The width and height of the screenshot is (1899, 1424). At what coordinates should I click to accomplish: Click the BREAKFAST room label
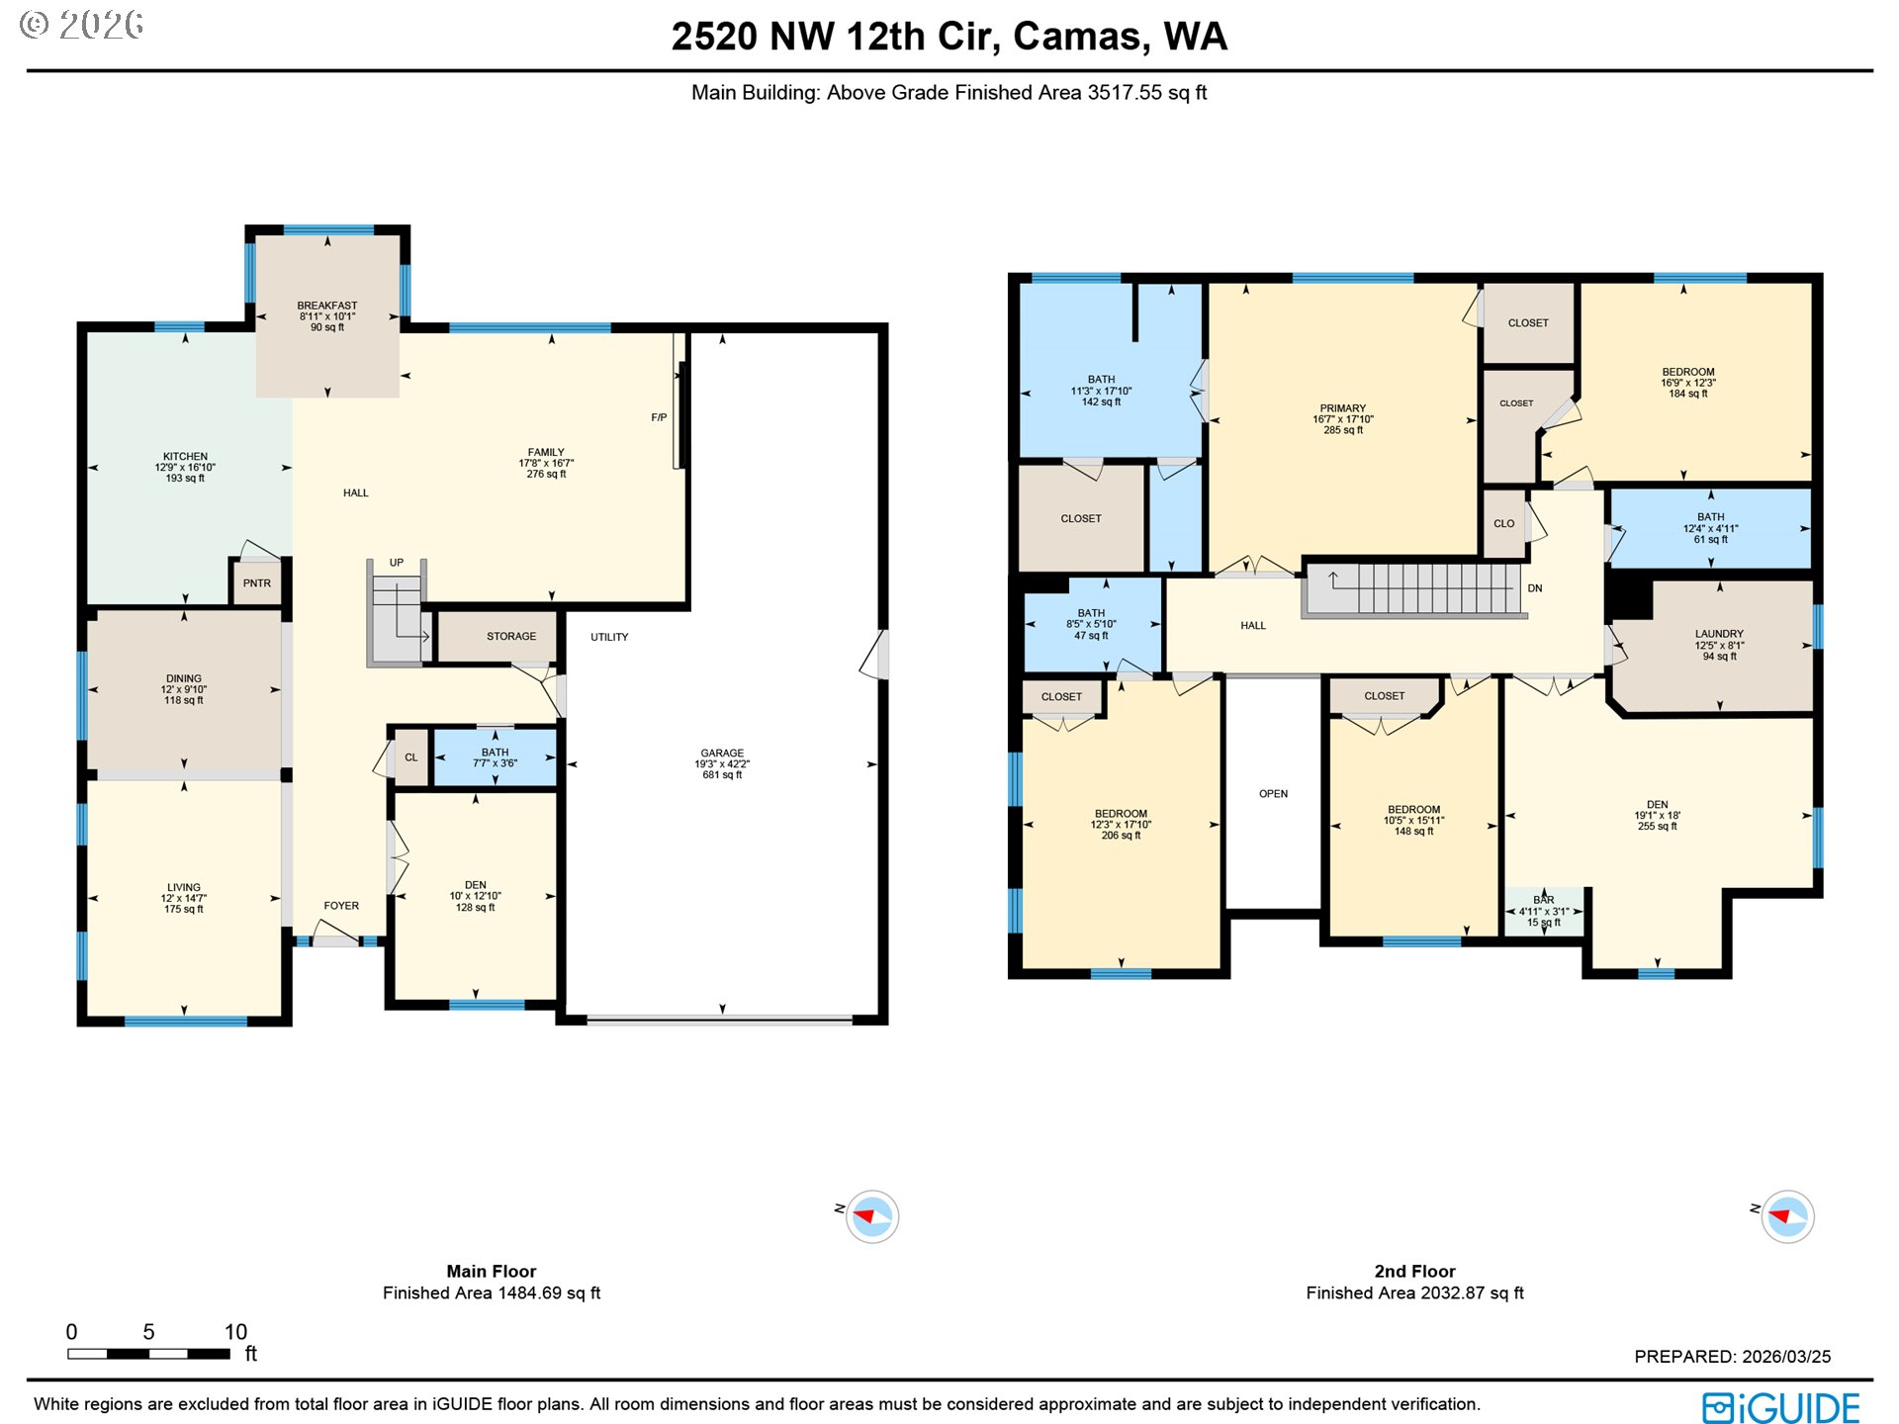click(327, 307)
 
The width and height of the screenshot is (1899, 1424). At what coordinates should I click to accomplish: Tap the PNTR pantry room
click(257, 583)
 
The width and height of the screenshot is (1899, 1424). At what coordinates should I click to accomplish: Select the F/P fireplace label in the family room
click(659, 417)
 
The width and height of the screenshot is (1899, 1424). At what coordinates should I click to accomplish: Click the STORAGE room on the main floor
click(510, 637)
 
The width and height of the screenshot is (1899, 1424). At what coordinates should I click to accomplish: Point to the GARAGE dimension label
click(722, 764)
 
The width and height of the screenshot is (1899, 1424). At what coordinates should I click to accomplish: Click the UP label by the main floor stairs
click(397, 563)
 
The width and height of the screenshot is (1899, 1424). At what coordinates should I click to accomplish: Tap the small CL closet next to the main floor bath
click(411, 758)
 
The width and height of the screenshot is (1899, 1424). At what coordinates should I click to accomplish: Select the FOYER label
click(341, 906)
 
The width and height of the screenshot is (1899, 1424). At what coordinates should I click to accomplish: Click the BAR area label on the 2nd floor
click(1544, 901)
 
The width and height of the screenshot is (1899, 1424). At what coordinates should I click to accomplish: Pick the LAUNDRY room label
click(1719, 635)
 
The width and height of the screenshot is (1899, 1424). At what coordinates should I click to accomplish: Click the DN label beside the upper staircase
click(1535, 588)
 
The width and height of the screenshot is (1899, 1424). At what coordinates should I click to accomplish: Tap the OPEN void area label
click(1274, 794)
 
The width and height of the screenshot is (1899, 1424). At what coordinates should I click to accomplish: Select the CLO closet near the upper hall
click(1504, 524)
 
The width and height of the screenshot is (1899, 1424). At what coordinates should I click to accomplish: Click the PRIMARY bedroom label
click(1343, 408)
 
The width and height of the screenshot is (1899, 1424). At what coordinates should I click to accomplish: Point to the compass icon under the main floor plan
click(871, 1216)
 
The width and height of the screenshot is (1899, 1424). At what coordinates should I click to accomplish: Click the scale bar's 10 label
click(235, 1332)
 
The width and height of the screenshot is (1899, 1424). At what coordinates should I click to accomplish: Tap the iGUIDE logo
click(1780, 1407)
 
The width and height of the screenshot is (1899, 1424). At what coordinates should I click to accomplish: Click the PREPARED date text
click(1732, 1357)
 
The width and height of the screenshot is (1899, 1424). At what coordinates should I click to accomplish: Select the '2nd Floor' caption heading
click(1414, 1272)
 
